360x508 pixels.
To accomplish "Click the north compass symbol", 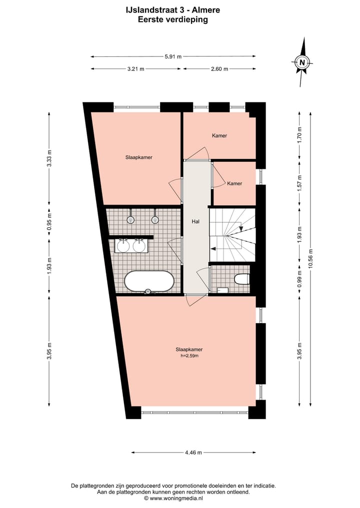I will pos(302,63).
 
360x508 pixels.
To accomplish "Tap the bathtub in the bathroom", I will pos(149,281).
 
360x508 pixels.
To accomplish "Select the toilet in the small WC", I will pos(241,279).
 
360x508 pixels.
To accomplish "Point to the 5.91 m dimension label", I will pos(173,56).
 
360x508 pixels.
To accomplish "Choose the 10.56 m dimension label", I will pos(310,259).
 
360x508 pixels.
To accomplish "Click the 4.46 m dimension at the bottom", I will pos(193,453).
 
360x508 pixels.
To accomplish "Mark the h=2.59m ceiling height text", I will pos(189,356).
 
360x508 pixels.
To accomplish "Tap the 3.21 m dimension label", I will pos(136,69).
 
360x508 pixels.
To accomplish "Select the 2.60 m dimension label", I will pos(219,69).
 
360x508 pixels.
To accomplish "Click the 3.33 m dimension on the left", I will pos(49,159).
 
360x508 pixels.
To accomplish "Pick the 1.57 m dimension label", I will pos(299,184).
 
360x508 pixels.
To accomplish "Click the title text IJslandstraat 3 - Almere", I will pos(172,9).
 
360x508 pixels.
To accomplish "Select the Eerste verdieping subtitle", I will pos(172,20).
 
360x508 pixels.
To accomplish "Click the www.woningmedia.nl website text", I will pos(175,498).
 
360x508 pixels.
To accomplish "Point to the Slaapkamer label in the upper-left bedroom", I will pos(138,157).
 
